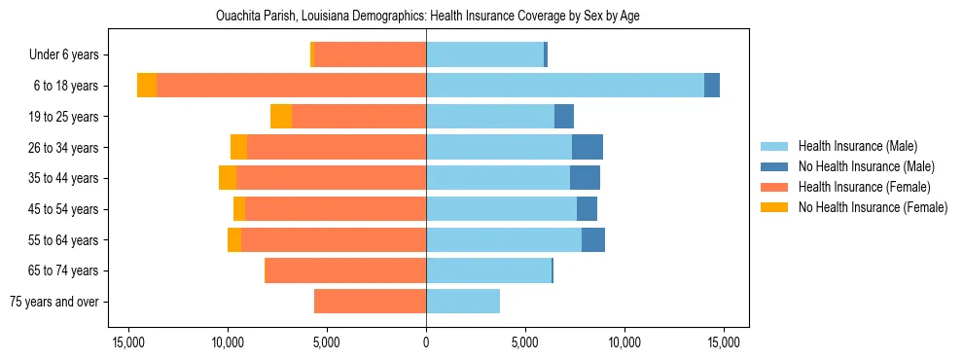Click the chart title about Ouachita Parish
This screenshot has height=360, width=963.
(x=427, y=17)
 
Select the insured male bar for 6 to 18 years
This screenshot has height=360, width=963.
(x=565, y=86)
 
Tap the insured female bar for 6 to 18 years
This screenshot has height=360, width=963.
(x=291, y=86)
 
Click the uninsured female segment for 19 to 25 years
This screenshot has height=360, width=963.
(x=281, y=117)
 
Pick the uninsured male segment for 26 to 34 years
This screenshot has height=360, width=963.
(x=588, y=147)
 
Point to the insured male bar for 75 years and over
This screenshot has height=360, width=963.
(x=463, y=302)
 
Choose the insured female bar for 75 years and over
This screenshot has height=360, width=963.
(x=370, y=302)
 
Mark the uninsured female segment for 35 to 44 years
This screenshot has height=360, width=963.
(x=228, y=178)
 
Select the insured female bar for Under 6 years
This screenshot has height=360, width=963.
(x=371, y=54)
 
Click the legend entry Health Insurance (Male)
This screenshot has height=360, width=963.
(x=857, y=146)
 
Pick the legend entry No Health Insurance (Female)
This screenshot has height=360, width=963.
(x=873, y=207)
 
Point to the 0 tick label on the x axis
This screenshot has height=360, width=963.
(x=426, y=342)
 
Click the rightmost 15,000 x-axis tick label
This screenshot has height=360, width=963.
(x=724, y=342)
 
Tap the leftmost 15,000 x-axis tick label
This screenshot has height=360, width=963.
(x=128, y=342)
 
